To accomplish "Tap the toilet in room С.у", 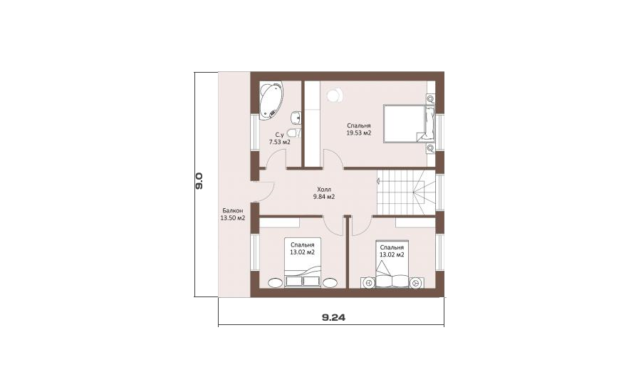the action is point(293,133).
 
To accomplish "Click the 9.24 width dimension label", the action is point(333,318).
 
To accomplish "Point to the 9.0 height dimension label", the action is point(199,180).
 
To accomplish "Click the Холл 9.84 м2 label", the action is point(324,193).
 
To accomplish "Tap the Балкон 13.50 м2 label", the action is point(233,215).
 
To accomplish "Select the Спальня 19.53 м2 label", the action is point(359,129).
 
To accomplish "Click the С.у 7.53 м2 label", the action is point(279,139).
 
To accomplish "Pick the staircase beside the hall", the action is point(405,192).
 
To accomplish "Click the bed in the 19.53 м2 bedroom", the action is point(409,124).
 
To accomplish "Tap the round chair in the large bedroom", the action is point(335,95).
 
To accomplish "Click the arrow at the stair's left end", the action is point(379,180).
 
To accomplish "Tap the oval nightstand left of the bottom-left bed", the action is point(275,283).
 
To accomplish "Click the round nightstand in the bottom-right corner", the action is point(417,283).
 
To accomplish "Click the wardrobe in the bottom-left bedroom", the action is point(280,222).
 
